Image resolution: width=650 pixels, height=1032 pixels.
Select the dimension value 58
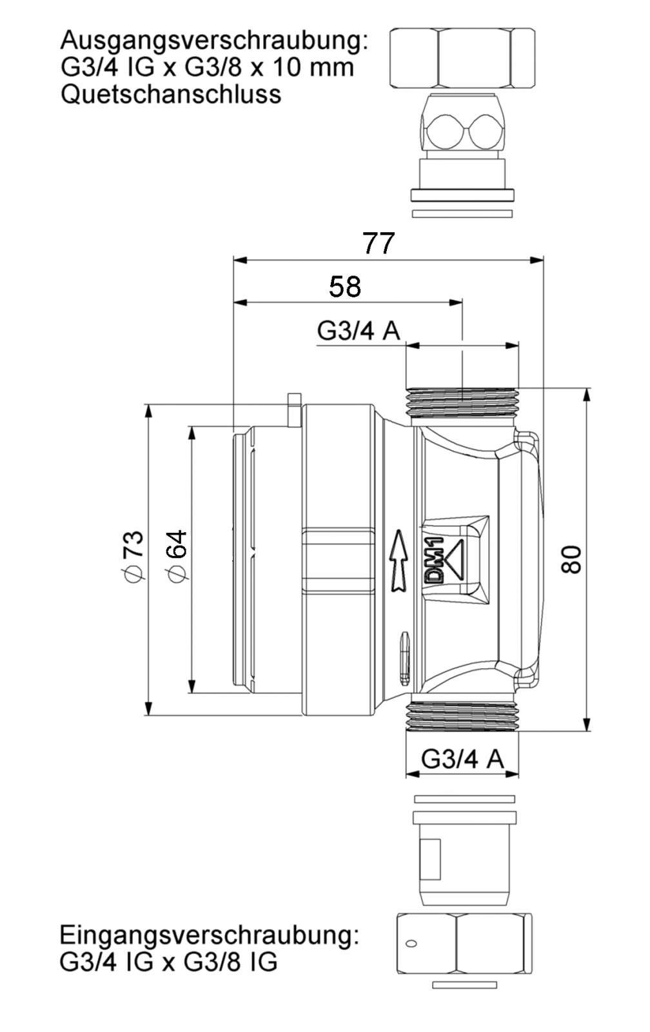[344, 286]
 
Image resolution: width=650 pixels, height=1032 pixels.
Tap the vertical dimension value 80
[571, 559]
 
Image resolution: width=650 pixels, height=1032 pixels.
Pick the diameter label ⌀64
[177, 556]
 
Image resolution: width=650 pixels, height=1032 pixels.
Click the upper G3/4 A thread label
[359, 330]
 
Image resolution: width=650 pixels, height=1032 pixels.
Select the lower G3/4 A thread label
[462, 759]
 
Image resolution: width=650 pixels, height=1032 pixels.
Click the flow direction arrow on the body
[399, 561]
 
